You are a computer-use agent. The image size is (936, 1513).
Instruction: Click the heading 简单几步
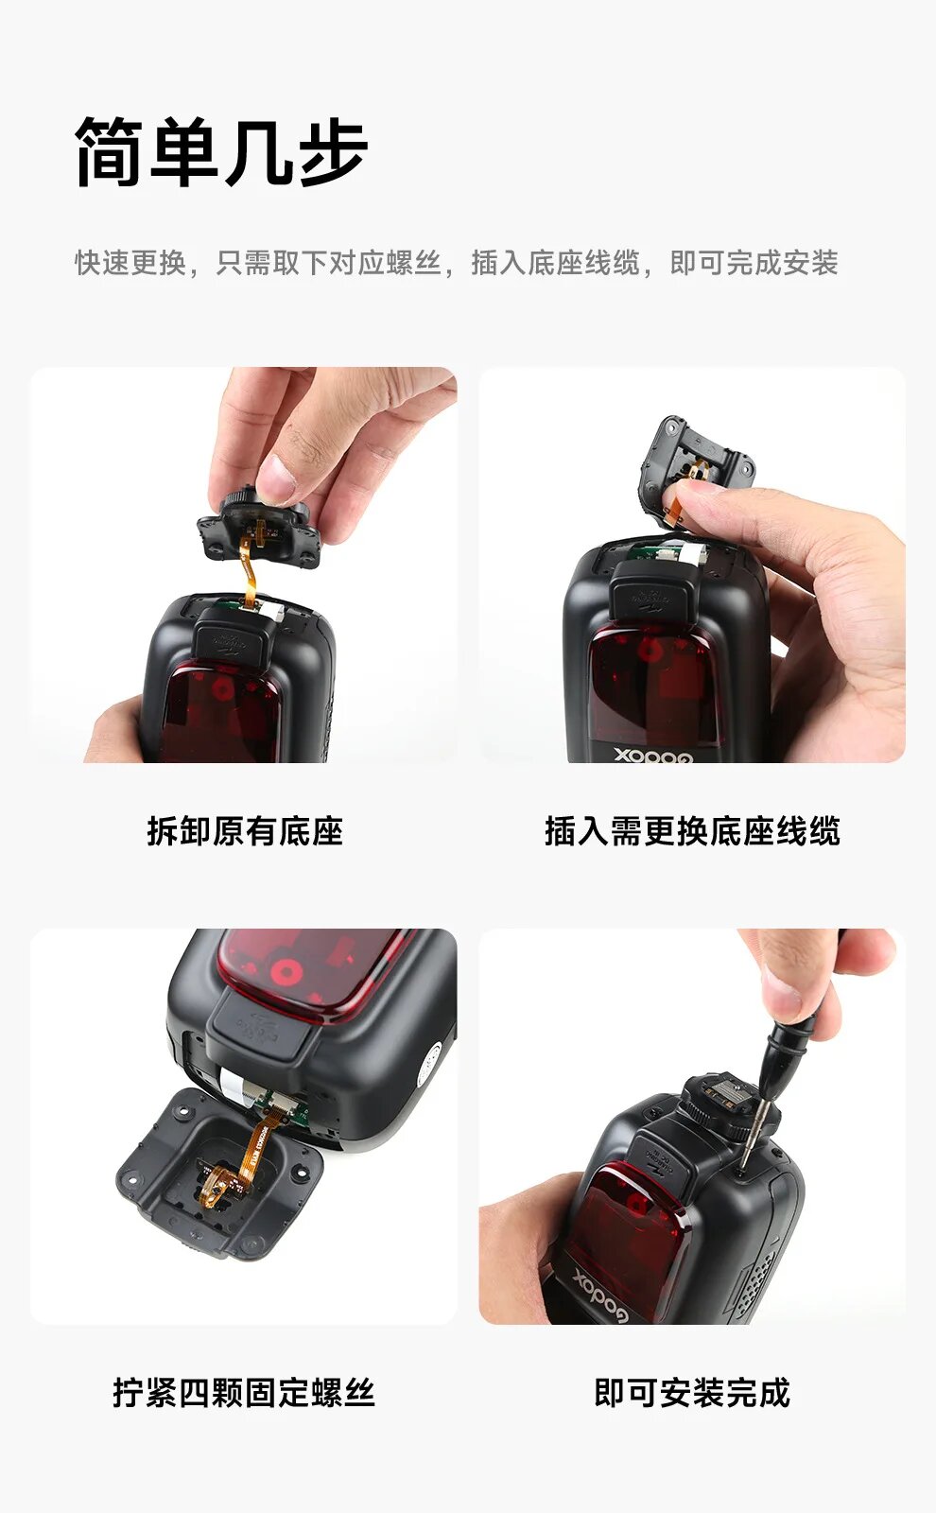pos(221,151)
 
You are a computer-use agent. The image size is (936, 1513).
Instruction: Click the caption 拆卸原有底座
pos(245,831)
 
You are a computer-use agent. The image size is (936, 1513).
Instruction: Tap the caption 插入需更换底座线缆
pos(692,831)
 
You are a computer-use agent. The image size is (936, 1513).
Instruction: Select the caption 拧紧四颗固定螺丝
pos(244,1393)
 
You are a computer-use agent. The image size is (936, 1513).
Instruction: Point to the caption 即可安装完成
pos(692,1393)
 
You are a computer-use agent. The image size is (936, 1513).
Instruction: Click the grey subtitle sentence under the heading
pos(457,263)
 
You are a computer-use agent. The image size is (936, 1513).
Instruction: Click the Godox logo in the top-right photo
pos(653,754)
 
